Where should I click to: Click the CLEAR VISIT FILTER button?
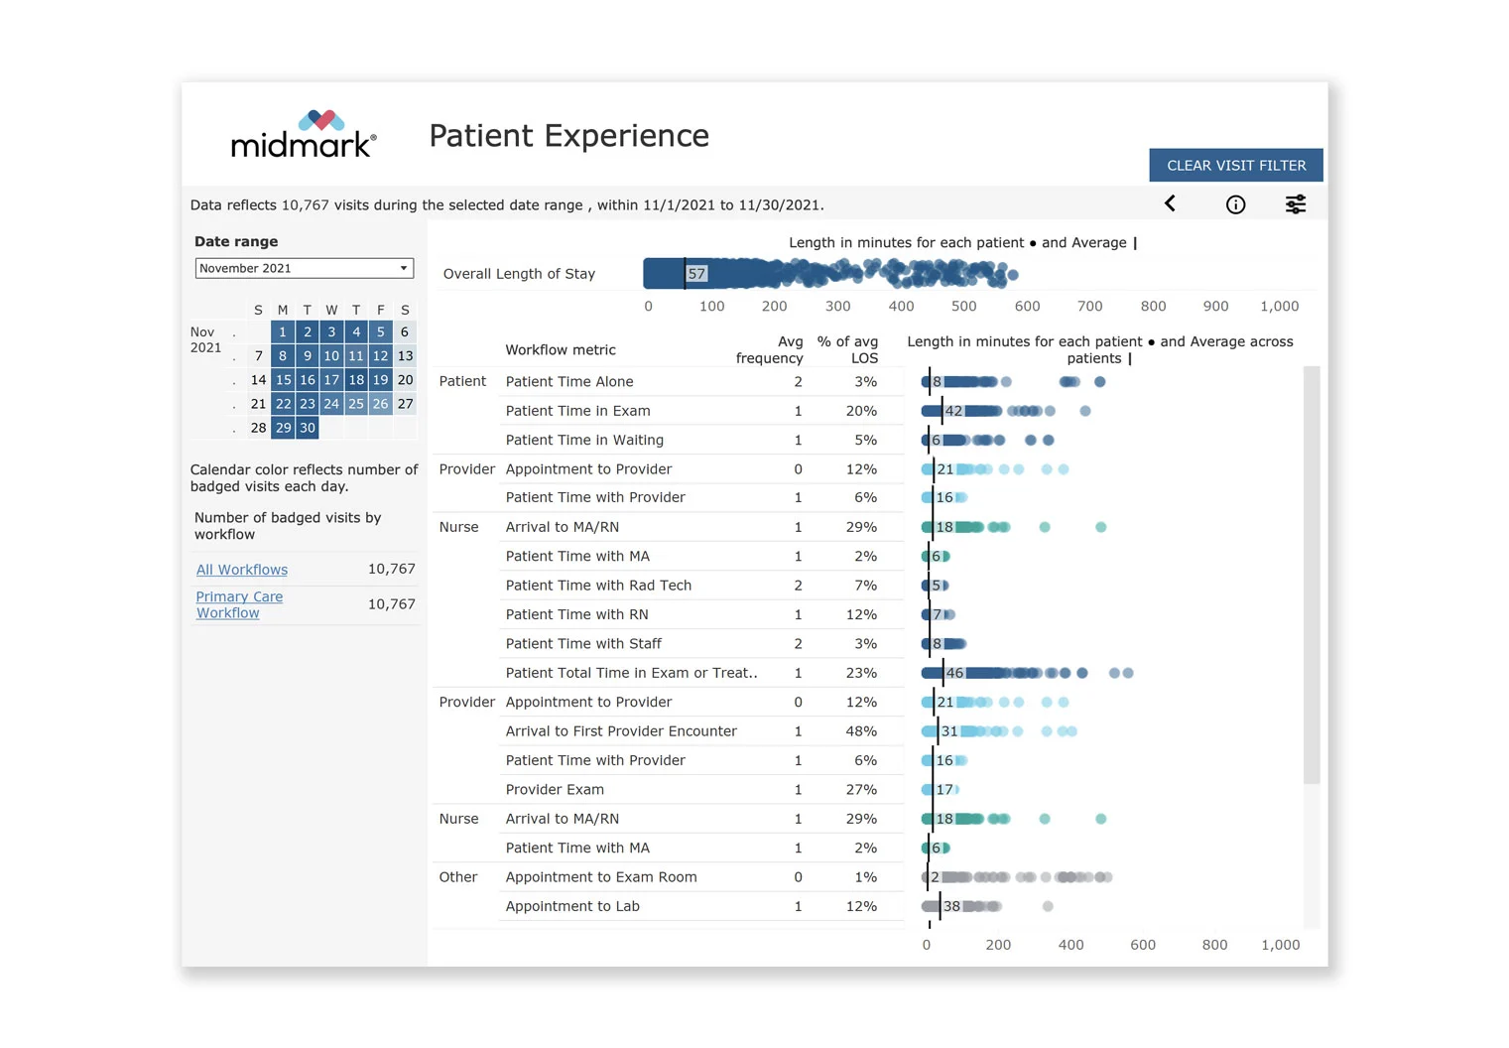click(x=1235, y=166)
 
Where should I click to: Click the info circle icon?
click(x=1235, y=204)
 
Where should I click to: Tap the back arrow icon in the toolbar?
click(x=1170, y=203)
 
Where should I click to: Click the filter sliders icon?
click(x=1295, y=204)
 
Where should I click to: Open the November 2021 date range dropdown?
click(x=304, y=268)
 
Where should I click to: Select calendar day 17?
click(x=331, y=380)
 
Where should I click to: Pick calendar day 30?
click(x=308, y=428)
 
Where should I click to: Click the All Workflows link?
click(x=242, y=570)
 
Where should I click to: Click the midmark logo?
click(x=303, y=135)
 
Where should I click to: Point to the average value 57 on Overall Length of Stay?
click(x=696, y=274)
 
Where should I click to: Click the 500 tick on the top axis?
click(x=963, y=307)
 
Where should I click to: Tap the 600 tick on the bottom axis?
click(x=1142, y=945)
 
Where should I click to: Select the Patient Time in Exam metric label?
click(x=577, y=411)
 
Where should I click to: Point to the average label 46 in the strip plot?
click(x=954, y=673)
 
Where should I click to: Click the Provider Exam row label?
click(x=555, y=790)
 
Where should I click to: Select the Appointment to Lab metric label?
click(x=572, y=906)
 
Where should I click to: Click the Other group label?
click(x=457, y=877)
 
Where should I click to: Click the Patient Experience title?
click(x=568, y=136)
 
